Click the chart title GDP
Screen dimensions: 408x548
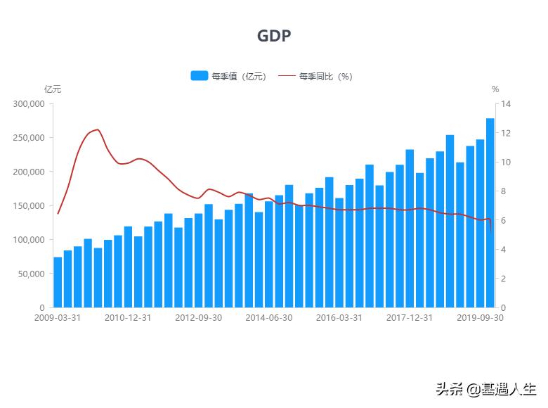tap(273, 37)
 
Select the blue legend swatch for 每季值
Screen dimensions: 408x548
tap(199, 76)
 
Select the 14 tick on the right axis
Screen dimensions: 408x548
tap(507, 104)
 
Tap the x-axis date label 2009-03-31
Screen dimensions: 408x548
tap(58, 318)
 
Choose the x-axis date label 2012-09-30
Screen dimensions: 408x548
tap(199, 318)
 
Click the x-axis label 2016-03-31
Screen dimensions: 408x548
tap(339, 318)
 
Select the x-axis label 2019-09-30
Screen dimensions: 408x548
tap(480, 318)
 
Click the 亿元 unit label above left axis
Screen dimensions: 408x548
tap(53, 89)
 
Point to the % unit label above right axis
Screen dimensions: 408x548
tap(495, 89)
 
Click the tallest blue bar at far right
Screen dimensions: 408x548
tap(490, 211)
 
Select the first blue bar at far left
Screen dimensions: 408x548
tap(58, 282)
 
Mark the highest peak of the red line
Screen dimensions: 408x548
tap(98, 129)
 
